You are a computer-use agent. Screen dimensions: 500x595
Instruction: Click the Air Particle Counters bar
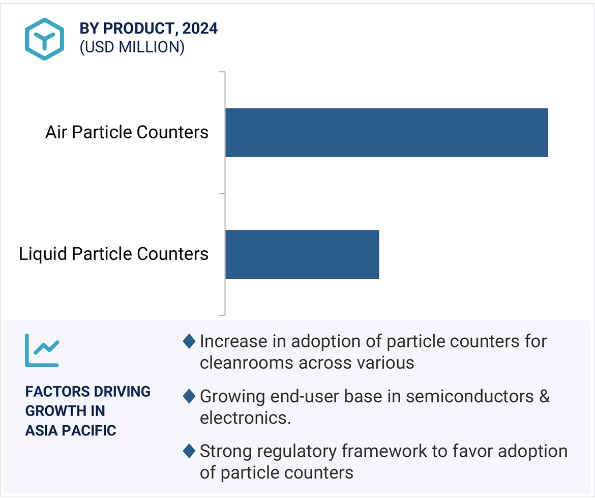pyautogui.click(x=386, y=132)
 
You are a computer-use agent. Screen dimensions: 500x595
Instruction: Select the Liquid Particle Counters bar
pyautogui.click(x=302, y=254)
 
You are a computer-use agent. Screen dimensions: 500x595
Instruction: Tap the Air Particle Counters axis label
pyautogui.click(x=127, y=132)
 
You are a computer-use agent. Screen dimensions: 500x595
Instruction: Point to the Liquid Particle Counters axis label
pyautogui.click(x=113, y=254)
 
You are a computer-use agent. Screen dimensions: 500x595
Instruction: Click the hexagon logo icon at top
pyautogui.click(x=45, y=39)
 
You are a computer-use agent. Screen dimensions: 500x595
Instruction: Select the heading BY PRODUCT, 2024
pyautogui.click(x=148, y=28)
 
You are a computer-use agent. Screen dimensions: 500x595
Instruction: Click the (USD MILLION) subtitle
pyautogui.click(x=132, y=47)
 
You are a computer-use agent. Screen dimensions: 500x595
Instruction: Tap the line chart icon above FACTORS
pyautogui.click(x=42, y=350)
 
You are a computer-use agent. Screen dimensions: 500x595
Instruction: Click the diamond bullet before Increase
pyautogui.click(x=189, y=341)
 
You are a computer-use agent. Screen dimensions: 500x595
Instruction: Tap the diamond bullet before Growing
pyautogui.click(x=189, y=396)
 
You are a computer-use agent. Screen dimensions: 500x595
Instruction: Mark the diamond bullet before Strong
pyautogui.click(x=189, y=451)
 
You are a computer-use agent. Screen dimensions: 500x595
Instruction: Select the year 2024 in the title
pyautogui.click(x=200, y=28)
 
